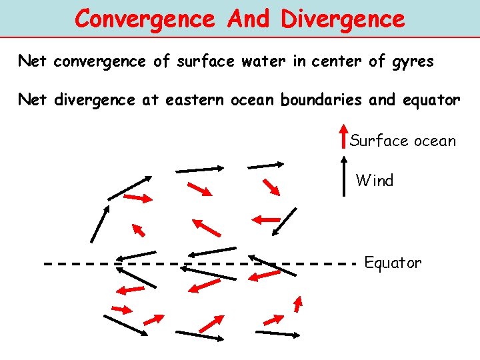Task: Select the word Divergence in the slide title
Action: [x=343, y=19]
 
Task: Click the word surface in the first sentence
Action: [x=204, y=63]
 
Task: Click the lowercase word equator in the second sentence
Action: [x=432, y=101]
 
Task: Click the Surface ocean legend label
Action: [x=403, y=141]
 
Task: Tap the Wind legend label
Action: [x=375, y=180]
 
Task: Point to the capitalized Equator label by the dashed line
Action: [x=393, y=263]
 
